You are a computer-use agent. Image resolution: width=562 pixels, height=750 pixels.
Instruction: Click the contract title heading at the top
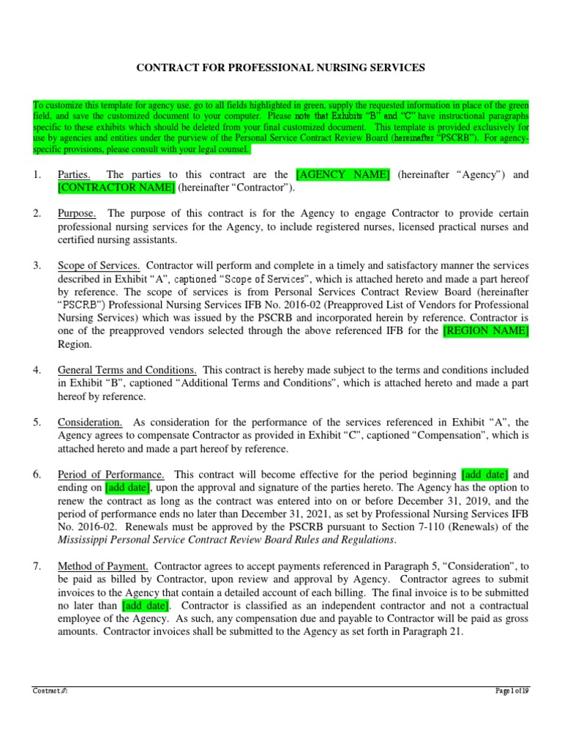[x=281, y=67]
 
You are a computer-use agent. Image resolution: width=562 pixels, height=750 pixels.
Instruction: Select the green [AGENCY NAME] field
[x=342, y=175]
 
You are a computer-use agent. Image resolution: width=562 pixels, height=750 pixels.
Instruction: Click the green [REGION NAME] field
[x=485, y=331]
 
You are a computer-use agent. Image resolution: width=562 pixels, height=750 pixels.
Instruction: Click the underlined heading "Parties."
[x=75, y=175]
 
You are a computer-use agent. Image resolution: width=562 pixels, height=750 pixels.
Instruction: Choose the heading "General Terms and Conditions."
[x=127, y=370]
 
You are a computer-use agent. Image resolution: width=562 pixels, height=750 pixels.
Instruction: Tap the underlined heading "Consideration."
[x=90, y=423]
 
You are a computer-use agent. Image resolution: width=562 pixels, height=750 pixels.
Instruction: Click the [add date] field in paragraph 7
[x=146, y=606]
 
